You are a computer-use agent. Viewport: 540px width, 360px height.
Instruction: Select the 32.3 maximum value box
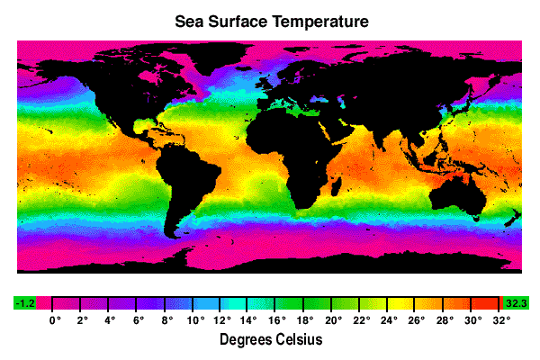point(516,303)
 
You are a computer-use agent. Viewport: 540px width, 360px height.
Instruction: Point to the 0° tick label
point(53,319)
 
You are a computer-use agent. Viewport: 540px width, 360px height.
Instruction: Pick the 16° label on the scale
point(276,319)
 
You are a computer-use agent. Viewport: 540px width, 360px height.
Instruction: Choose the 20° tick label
point(332,319)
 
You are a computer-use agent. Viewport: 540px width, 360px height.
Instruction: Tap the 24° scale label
point(388,319)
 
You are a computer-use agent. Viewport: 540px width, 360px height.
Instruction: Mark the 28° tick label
point(444,319)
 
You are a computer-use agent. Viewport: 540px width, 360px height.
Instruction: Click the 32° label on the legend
point(499,319)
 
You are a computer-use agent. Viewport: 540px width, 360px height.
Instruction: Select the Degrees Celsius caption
point(270,340)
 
